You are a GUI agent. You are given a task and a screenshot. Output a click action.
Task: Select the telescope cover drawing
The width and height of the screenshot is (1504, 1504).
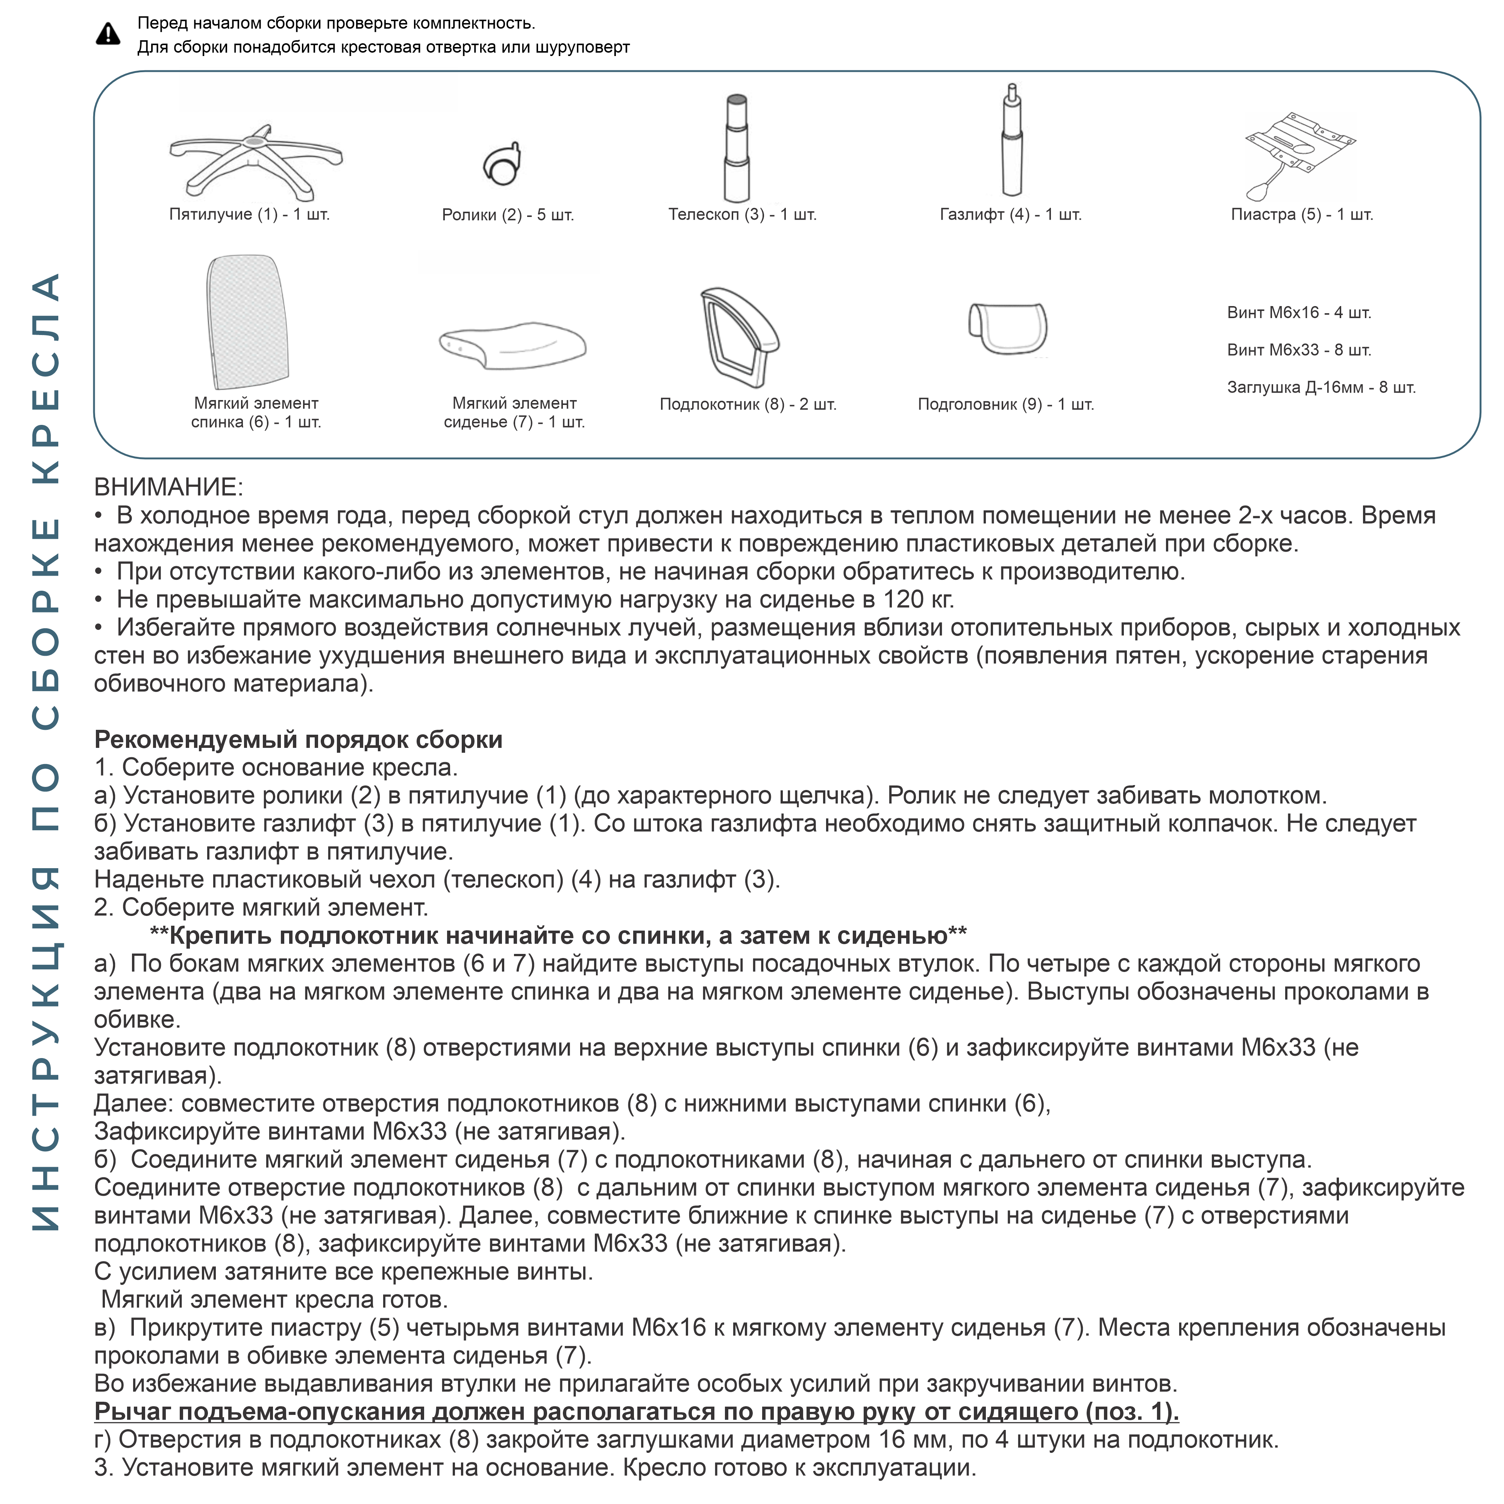[737, 148]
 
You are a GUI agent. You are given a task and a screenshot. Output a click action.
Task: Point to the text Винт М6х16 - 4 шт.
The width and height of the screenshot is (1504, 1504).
[1298, 313]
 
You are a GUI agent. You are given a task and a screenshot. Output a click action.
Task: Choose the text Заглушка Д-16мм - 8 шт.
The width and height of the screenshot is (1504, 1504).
[1320, 388]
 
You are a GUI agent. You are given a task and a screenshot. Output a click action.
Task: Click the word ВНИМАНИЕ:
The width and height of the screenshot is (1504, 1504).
[168, 487]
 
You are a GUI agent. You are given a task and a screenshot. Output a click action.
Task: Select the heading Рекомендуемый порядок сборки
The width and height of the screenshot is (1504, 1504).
[298, 740]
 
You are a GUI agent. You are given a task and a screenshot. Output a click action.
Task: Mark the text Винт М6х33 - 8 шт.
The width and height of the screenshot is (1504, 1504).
[1298, 350]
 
